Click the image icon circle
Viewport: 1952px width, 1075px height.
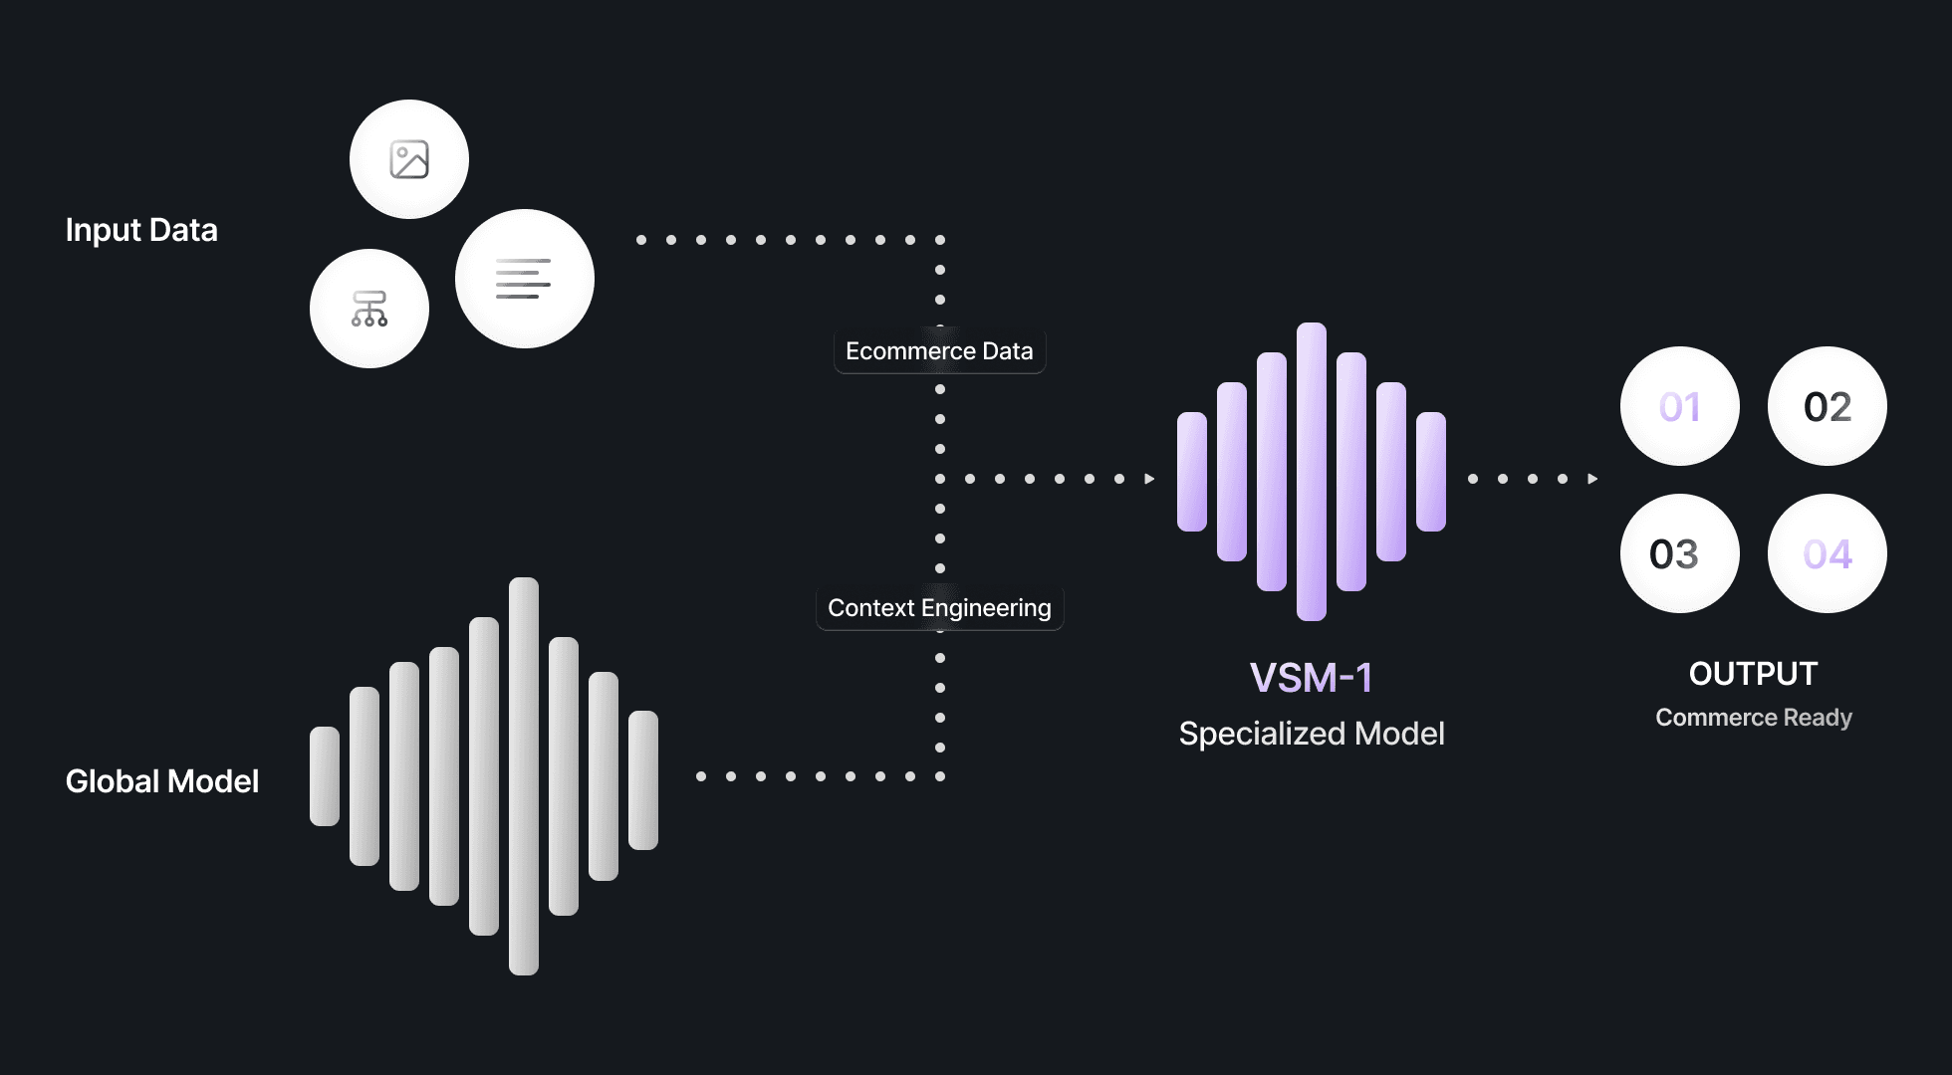click(x=409, y=159)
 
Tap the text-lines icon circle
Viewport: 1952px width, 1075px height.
click(x=524, y=279)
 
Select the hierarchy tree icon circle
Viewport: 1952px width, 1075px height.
click(x=369, y=309)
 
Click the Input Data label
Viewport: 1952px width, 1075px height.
click(x=141, y=230)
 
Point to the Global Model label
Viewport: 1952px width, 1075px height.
click(x=162, y=781)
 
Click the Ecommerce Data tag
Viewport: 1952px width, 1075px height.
click(x=939, y=351)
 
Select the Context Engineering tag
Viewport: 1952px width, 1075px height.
click(x=939, y=608)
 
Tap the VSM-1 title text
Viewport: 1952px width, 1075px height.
click(x=1311, y=678)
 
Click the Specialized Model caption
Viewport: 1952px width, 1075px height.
click(x=1311, y=734)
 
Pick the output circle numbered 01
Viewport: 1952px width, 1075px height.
click(x=1679, y=406)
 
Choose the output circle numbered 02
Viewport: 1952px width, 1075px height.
click(x=1827, y=406)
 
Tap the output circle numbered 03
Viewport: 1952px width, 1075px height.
click(x=1679, y=553)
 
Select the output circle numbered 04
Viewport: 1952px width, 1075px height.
click(x=1827, y=553)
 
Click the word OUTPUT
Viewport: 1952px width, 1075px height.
click(x=1753, y=674)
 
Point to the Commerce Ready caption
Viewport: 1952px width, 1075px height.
click(x=1753, y=718)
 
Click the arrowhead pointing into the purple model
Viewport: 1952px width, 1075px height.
click(x=1149, y=479)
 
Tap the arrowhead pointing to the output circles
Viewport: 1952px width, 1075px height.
click(x=1592, y=479)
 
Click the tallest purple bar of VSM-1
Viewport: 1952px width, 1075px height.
click(x=1311, y=472)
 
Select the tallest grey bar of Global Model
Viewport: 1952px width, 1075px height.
click(x=524, y=776)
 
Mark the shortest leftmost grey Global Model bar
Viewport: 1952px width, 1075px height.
click(x=325, y=776)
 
